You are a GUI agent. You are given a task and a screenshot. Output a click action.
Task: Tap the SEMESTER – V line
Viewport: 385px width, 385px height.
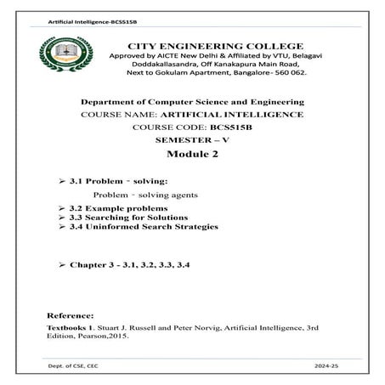point(191,138)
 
